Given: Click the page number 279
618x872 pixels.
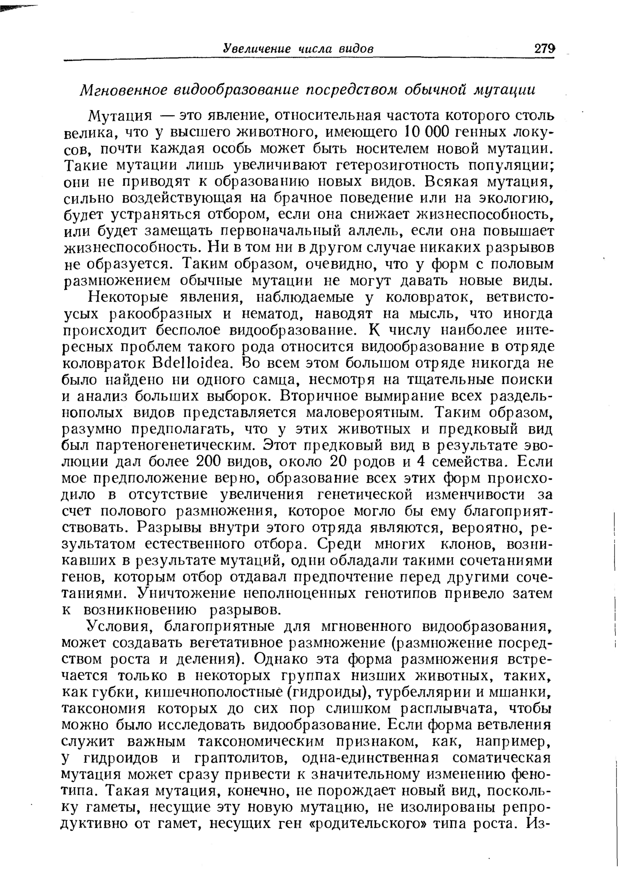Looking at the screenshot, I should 545,49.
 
